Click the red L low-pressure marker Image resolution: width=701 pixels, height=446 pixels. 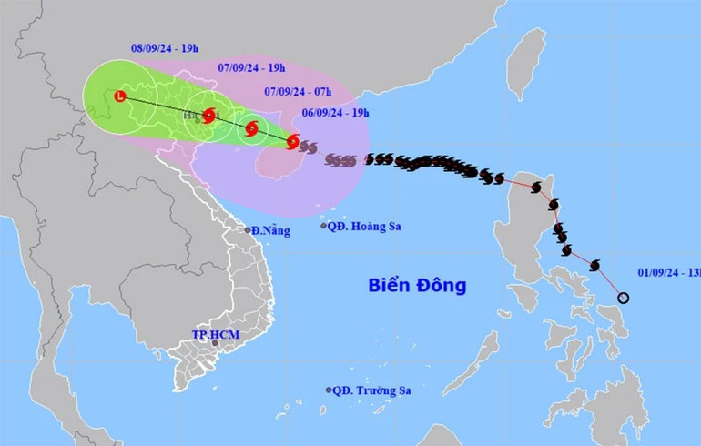pos(120,96)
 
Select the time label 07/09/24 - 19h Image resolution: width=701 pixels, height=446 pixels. pos(252,67)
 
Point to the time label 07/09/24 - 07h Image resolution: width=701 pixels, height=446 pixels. pos(296,91)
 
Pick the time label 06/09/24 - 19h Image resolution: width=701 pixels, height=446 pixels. pos(336,113)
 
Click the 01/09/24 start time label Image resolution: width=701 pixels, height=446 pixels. pos(668,272)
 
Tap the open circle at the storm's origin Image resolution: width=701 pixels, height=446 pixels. pos(624,298)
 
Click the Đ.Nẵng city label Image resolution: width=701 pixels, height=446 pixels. pos(271,230)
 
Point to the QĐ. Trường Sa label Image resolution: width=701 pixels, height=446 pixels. pos(371,390)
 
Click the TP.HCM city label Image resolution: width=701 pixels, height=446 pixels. pos(215,334)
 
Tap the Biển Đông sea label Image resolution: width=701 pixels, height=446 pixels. pos(417,286)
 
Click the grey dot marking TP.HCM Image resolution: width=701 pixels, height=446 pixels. pos(216,343)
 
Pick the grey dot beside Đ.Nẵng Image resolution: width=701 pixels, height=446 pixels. pos(248,230)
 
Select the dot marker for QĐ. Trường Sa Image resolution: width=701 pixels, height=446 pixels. pos(329,390)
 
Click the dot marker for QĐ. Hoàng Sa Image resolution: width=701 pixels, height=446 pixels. pos(323,226)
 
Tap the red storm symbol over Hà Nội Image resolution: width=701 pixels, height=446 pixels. pos(209,116)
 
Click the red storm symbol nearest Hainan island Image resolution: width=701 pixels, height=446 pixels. pos(292,141)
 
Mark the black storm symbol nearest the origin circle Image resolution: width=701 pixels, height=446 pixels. pos(594,266)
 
